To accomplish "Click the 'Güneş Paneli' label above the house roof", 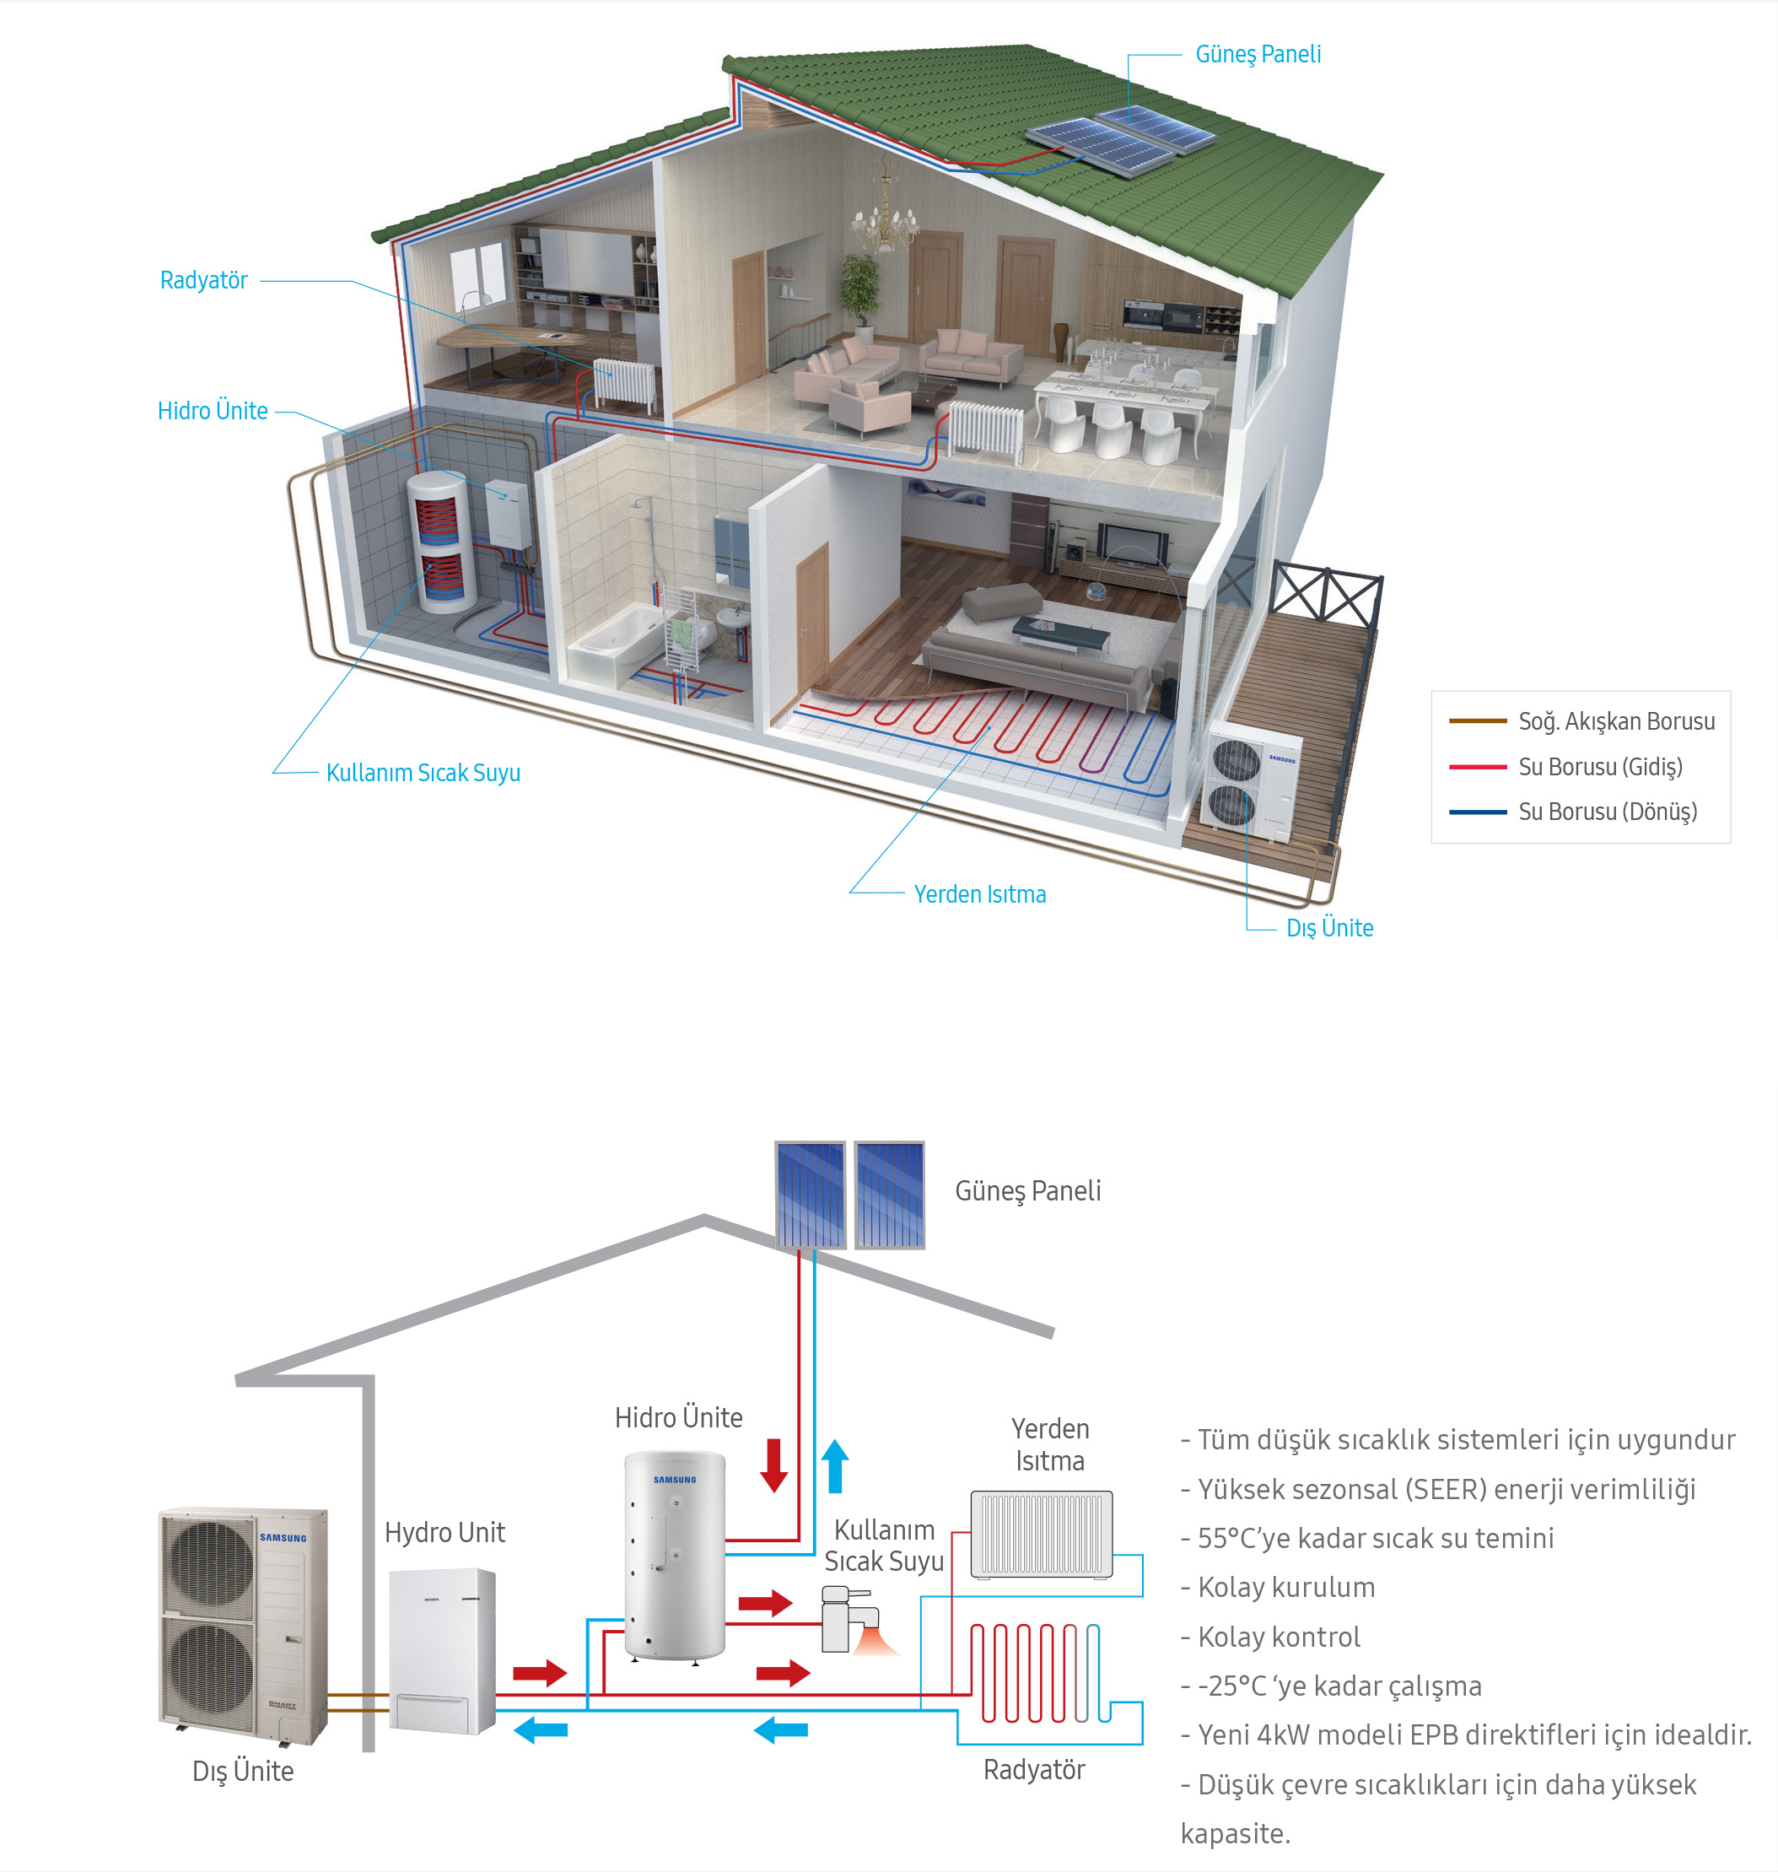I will click(x=1258, y=54).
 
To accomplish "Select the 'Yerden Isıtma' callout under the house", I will click(x=979, y=894).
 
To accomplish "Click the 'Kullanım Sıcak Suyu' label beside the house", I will click(x=423, y=773).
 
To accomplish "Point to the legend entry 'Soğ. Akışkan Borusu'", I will click(x=1616, y=721).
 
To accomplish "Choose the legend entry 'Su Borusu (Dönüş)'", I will click(x=1608, y=812).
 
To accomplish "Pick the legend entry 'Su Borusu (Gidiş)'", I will click(x=1600, y=766).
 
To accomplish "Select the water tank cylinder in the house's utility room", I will click(x=439, y=539).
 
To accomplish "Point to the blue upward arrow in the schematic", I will click(x=835, y=1465).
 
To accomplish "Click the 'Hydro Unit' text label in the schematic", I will click(x=444, y=1533).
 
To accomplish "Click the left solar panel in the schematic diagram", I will click(x=810, y=1195).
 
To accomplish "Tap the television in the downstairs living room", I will click(x=1133, y=544).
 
